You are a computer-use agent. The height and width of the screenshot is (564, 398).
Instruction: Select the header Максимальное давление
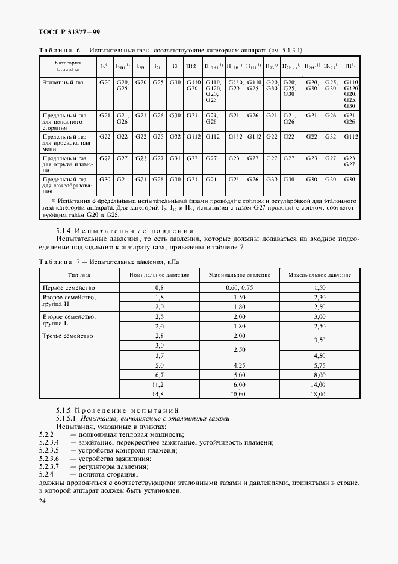(319, 275)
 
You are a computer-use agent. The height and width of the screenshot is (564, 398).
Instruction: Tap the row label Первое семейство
(66, 288)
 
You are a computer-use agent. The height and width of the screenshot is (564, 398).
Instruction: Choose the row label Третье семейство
(66, 335)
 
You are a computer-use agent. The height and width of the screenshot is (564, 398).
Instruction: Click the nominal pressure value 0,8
(159, 288)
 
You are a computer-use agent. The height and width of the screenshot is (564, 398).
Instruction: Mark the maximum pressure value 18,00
(319, 394)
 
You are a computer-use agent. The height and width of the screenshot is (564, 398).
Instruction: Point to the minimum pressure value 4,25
(239, 365)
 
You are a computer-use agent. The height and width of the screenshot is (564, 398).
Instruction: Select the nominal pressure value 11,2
(159, 384)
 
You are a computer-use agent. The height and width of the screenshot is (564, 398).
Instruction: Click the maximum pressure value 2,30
(319, 297)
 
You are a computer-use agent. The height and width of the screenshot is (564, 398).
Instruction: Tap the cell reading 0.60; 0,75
(239, 288)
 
